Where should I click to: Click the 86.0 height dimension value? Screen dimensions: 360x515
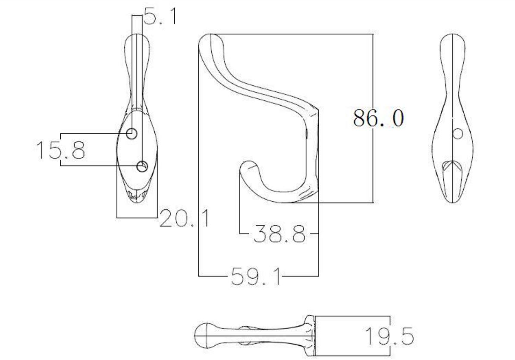(x=378, y=118)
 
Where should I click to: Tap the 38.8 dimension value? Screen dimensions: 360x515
(x=279, y=235)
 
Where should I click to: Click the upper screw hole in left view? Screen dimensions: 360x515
(x=132, y=134)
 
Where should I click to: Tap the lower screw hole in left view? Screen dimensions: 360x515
(x=142, y=166)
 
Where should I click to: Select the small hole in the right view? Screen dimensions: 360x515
(x=458, y=134)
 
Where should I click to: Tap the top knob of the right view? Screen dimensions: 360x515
(x=452, y=41)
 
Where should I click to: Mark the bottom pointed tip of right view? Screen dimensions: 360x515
(x=452, y=201)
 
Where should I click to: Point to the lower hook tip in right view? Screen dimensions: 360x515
(x=452, y=166)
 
